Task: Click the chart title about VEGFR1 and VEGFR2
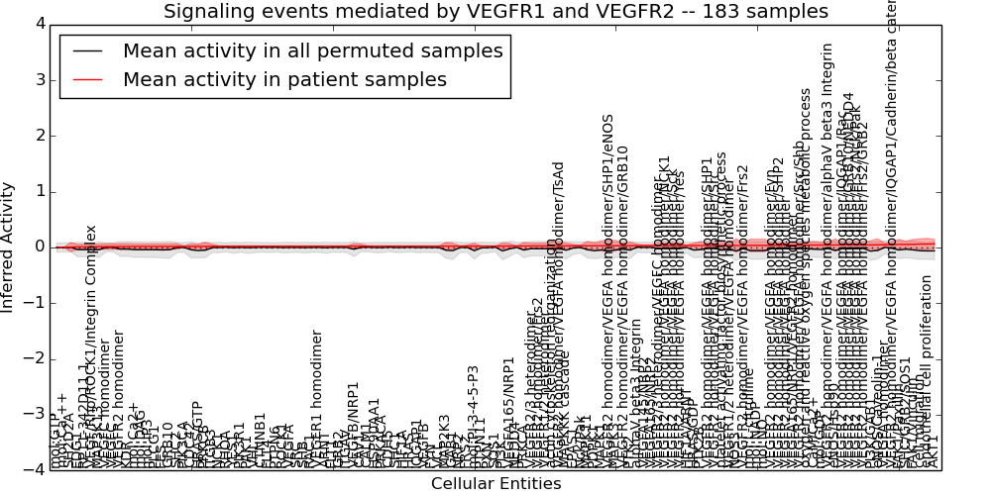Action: tap(495, 11)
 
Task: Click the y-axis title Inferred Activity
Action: tap(9, 247)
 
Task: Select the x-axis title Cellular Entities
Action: tap(495, 484)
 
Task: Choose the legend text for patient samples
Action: tap(284, 79)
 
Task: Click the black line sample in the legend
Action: tap(86, 50)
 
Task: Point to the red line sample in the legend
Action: tap(86, 79)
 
